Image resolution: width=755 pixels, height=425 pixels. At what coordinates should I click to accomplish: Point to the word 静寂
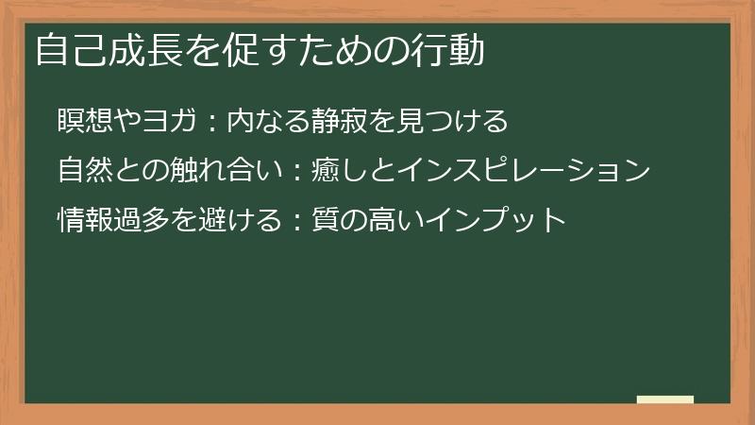(x=327, y=122)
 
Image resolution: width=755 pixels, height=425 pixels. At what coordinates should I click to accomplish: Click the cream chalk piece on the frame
(x=665, y=399)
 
